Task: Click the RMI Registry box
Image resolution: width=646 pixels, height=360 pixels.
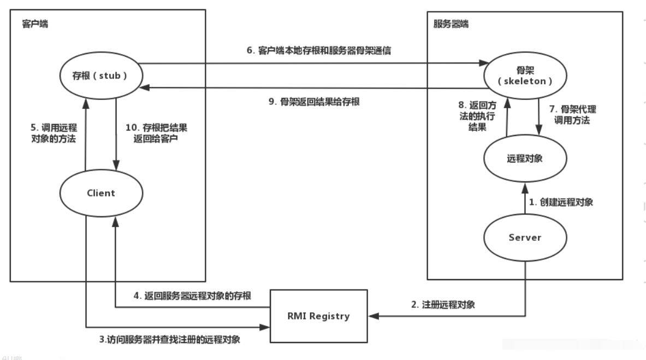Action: click(319, 316)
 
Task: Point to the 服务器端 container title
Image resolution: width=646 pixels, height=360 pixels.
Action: click(451, 25)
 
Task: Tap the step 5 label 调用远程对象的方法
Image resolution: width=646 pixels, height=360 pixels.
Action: click(53, 133)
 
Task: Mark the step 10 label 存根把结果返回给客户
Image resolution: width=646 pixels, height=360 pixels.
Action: click(156, 133)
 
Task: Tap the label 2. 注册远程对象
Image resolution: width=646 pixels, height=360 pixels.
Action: click(443, 304)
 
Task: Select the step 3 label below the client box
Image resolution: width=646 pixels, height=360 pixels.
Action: click(170, 339)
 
